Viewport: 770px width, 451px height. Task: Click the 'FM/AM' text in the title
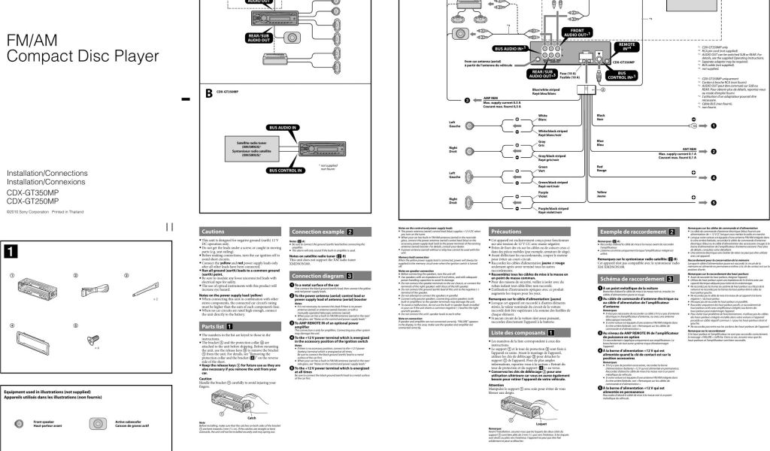coord(31,41)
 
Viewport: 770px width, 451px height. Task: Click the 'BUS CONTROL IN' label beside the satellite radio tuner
coord(279,170)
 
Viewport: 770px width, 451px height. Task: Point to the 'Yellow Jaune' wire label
coord(601,195)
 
